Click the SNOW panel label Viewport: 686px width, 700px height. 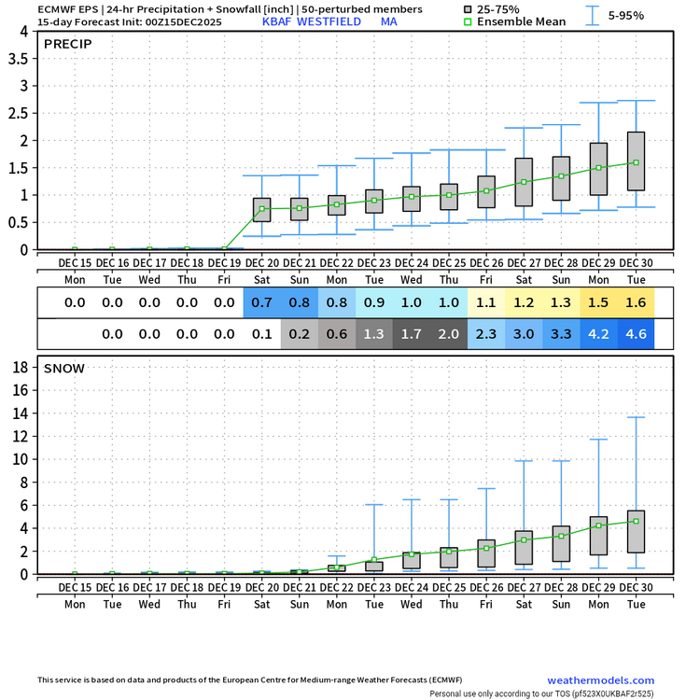(64, 368)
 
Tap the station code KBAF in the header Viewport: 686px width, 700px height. (278, 21)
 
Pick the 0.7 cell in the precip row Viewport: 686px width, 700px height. (261, 302)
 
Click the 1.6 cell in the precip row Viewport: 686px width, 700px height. (636, 302)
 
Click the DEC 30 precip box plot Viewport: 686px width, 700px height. (636, 161)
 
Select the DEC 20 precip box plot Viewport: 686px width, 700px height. (261, 210)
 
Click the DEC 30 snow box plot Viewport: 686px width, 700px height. (636, 531)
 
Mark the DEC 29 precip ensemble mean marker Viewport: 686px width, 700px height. (598, 168)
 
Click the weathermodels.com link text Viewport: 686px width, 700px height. (600, 680)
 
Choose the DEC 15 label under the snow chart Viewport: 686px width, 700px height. (75, 587)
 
